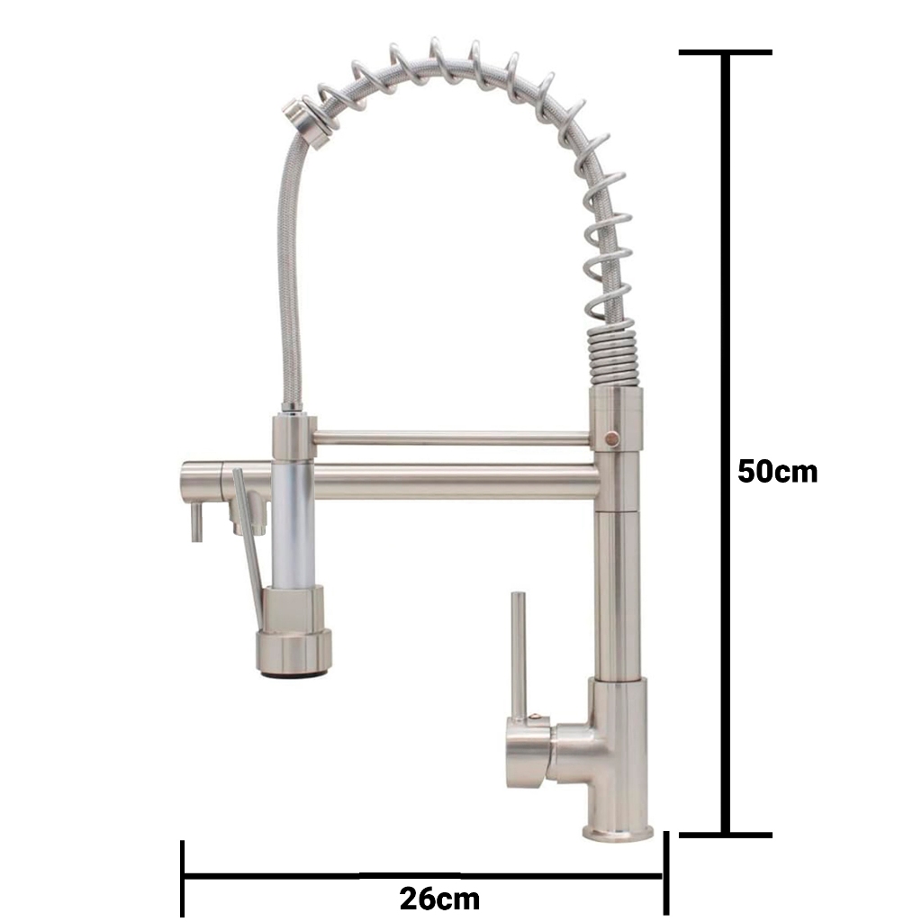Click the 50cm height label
(777, 472)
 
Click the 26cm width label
(439, 898)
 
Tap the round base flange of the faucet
(618, 831)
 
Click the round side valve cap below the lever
(528, 755)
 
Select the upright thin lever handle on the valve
(518, 655)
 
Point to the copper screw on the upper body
(613, 438)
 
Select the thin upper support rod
(452, 438)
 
